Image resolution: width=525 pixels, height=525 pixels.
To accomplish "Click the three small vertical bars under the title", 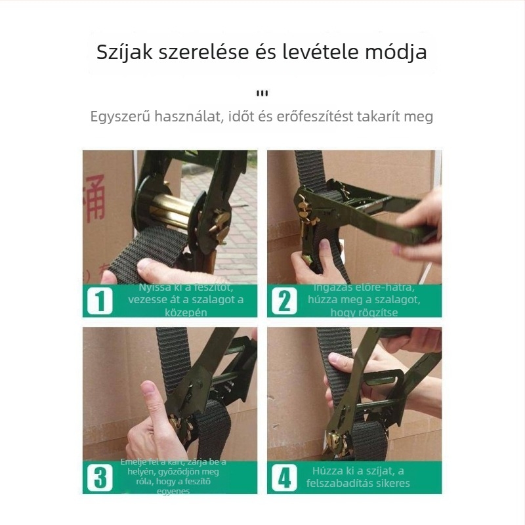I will tap(262, 93).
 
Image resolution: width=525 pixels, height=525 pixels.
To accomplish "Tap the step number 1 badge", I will tap(100, 301).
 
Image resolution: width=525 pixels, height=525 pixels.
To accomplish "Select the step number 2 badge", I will tap(284, 301).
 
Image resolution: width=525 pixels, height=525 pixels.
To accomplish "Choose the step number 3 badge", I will tap(100, 477).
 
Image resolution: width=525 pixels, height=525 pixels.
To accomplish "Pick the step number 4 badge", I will tap(284, 477).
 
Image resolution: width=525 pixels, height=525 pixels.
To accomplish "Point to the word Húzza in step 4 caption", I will tap(328, 471).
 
